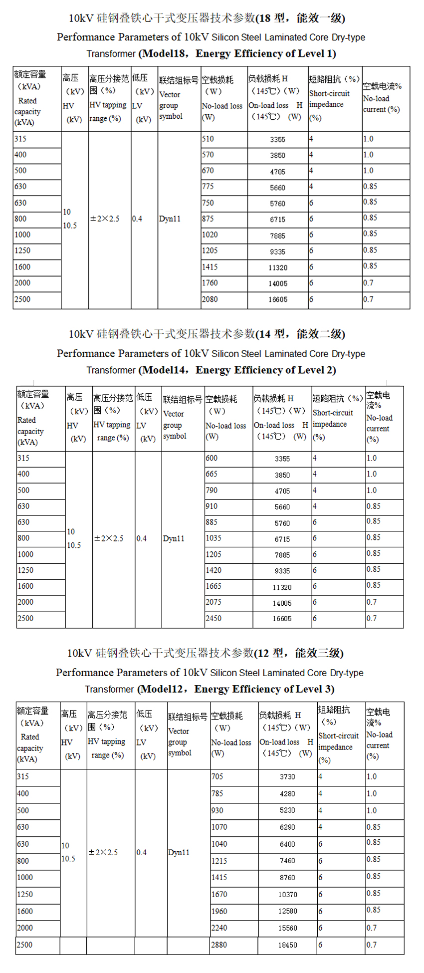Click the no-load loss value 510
click(x=208, y=139)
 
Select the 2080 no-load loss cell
click(x=210, y=299)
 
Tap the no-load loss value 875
click(x=208, y=219)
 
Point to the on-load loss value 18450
click(x=288, y=945)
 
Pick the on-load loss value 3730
click(x=287, y=777)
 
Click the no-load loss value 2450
click(x=213, y=618)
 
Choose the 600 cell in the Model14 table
click(x=212, y=458)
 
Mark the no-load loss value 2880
click(x=219, y=945)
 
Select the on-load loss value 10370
click(x=288, y=895)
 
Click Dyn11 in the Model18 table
click(x=170, y=219)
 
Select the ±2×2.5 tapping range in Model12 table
click(x=103, y=852)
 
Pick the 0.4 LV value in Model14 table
click(x=142, y=539)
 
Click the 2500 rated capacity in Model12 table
click(x=24, y=945)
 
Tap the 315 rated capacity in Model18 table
click(x=20, y=139)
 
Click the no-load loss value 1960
click(x=219, y=911)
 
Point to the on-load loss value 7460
click(x=287, y=861)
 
